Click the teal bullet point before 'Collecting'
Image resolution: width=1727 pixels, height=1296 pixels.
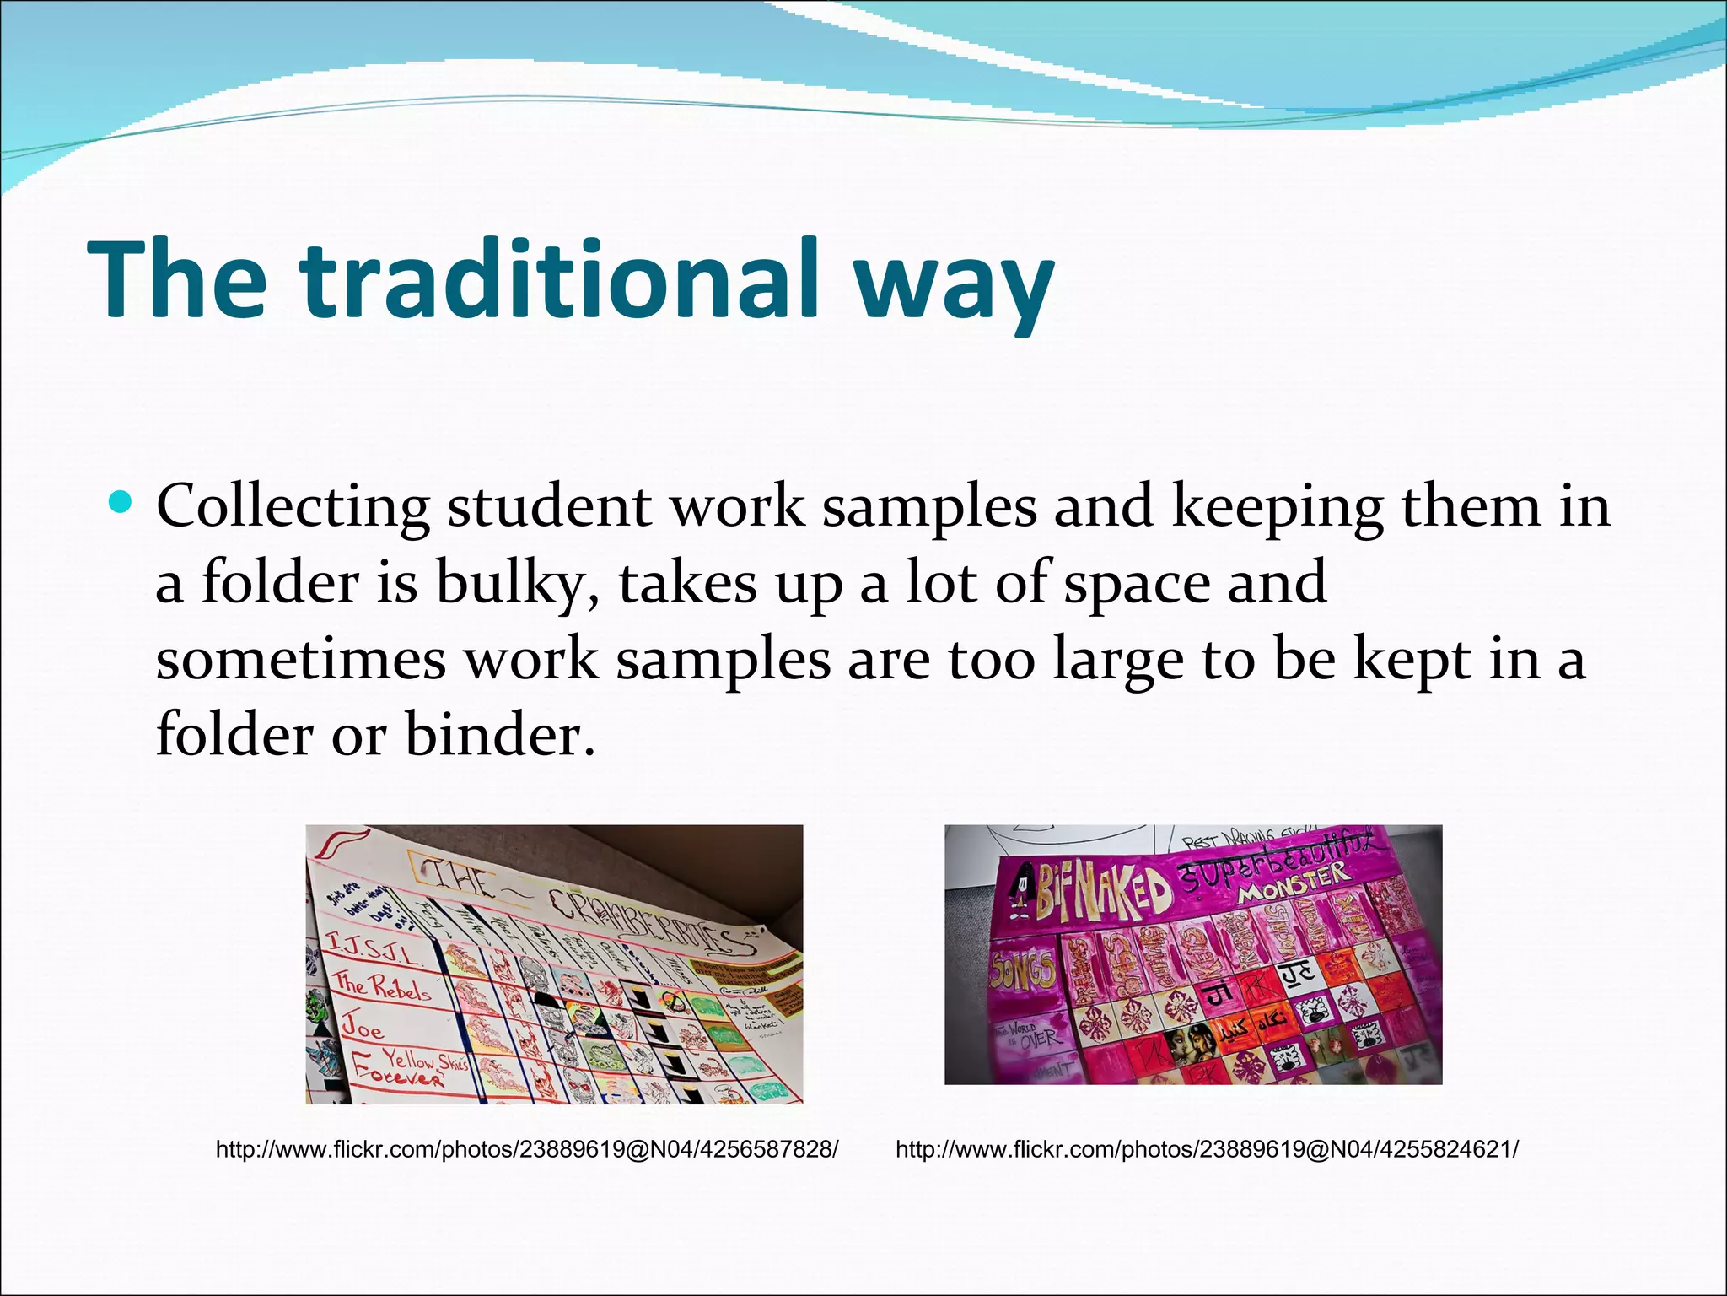point(121,503)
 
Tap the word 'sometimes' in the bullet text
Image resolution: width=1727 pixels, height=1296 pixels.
point(300,659)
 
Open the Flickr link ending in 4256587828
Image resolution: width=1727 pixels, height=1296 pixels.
point(527,1149)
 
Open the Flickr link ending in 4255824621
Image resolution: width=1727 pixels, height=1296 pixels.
point(1207,1149)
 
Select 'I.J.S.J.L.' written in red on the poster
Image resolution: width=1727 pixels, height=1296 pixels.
point(371,950)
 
